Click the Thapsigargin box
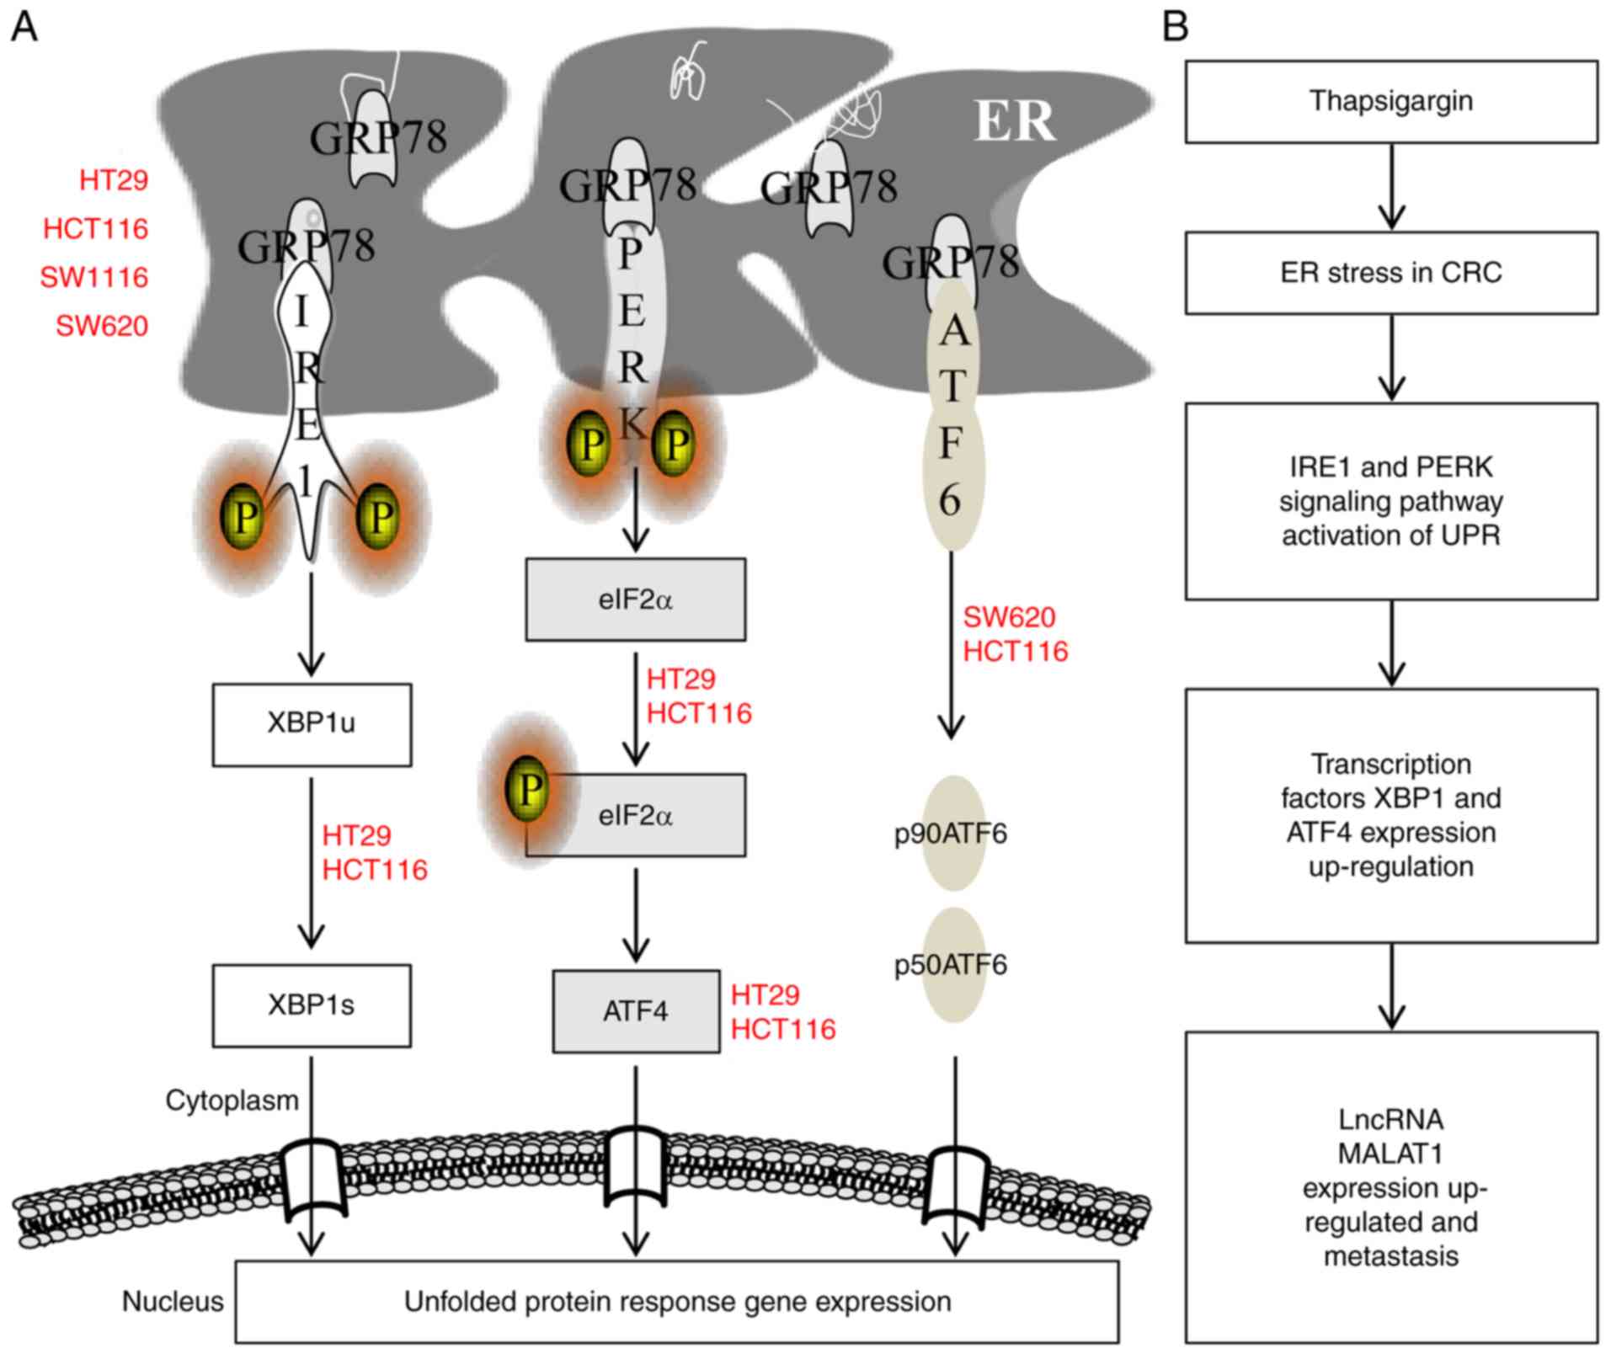(x=1390, y=101)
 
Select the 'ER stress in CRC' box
(x=1390, y=273)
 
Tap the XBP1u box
(x=312, y=724)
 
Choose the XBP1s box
(x=312, y=1005)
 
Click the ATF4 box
(x=636, y=1011)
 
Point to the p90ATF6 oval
(x=952, y=834)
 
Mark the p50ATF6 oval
(x=952, y=965)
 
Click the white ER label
(x=1014, y=121)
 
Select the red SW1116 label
(x=94, y=277)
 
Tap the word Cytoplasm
(x=232, y=1101)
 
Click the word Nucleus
(x=173, y=1302)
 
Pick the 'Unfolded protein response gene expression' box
(x=677, y=1302)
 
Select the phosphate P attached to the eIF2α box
(x=528, y=789)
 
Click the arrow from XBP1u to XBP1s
(x=312, y=863)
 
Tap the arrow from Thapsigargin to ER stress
(x=1391, y=186)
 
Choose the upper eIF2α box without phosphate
(x=636, y=600)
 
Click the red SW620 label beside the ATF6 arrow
(x=1009, y=617)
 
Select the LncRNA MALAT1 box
(x=1390, y=1186)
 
